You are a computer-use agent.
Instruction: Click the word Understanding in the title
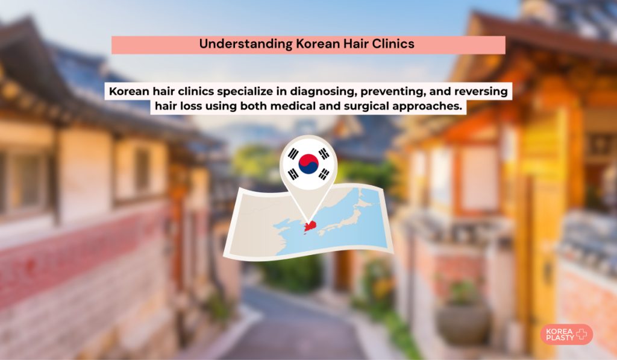246,44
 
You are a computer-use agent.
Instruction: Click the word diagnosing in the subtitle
324,92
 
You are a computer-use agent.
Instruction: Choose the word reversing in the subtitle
481,92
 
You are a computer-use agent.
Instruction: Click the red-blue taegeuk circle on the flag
308,164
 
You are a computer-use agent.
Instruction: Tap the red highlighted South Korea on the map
310,227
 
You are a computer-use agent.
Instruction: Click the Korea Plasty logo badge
566,335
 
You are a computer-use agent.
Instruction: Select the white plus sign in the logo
581,335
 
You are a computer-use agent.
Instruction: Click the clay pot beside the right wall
464,323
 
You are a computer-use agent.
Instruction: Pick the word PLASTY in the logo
560,338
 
